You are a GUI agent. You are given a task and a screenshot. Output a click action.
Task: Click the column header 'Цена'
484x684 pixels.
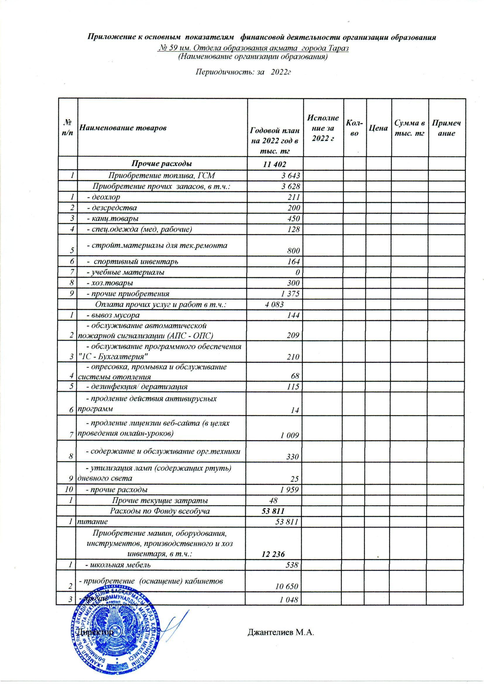(x=378, y=128)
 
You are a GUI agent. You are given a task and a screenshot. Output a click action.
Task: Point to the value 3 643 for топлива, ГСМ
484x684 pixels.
(x=290, y=175)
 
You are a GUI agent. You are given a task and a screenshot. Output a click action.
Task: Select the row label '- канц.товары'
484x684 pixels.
(x=112, y=218)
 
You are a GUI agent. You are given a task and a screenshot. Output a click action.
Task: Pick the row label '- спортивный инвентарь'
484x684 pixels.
(x=132, y=262)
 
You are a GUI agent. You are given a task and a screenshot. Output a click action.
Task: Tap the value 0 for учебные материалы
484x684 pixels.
(x=297, y=272)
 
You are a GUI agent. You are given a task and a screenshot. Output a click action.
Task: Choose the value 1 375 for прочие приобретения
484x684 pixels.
(x=290, y=294)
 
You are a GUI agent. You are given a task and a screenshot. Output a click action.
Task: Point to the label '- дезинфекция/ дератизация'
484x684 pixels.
(x=136, y=387)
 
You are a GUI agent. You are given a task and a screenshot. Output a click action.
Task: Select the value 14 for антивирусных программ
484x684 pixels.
(x=295, y=410)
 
